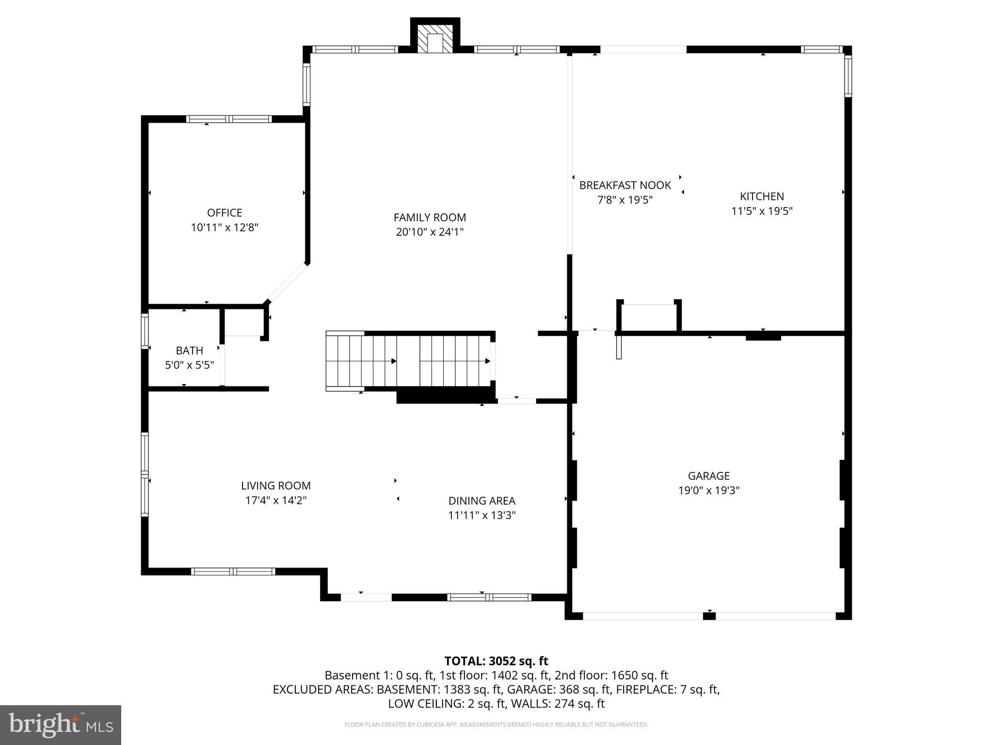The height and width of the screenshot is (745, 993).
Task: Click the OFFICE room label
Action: (x=224, y=212)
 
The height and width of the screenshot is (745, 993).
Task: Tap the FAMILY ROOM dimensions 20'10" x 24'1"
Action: (x=430, y=232)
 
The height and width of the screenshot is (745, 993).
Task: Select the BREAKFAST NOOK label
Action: (x=625, y=185)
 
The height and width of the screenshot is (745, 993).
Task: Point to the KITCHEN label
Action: (x=762, y=196)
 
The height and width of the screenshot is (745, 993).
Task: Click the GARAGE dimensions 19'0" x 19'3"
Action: (x=708, y=490)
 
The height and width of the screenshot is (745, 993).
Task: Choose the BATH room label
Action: (x=189, y=350)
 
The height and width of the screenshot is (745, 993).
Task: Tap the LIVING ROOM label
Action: (x=276, y=486)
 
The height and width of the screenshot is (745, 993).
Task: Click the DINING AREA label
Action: (x=481, y=501)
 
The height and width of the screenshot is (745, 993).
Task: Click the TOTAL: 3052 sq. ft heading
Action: (x=496, y=661)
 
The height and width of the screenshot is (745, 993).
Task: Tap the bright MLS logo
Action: (x=61, y=725)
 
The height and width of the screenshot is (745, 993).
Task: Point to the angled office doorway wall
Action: (x=288, y=283)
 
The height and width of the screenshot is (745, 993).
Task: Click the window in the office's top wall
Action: (x=229, y=119)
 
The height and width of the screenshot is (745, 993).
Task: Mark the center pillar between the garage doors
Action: (x=709, y=616)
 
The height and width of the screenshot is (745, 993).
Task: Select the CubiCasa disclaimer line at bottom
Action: (x=496, y=725)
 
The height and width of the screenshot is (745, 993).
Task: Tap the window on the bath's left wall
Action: (x=144, y=331)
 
